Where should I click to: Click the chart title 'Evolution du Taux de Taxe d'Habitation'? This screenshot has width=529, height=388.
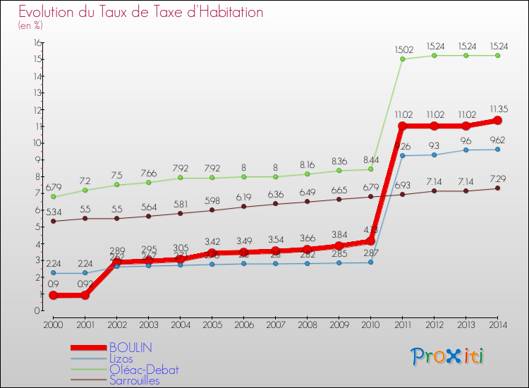141,12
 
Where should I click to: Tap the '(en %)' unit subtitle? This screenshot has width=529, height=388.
30,25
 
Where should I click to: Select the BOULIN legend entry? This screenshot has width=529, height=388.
130,348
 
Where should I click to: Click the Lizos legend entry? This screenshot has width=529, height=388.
121,358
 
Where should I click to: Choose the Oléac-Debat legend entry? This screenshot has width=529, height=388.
144,370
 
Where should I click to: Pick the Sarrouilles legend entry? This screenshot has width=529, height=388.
135,381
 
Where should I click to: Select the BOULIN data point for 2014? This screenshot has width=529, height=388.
498,121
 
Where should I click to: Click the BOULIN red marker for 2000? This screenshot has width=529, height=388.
53,295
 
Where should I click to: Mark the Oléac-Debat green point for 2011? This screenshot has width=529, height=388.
403,59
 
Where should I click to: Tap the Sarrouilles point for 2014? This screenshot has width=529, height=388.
498,188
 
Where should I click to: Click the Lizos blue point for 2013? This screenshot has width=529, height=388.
466,150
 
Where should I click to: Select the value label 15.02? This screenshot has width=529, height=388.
403,49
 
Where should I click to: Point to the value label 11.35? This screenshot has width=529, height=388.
498,109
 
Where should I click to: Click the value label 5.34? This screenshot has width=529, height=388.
53,211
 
